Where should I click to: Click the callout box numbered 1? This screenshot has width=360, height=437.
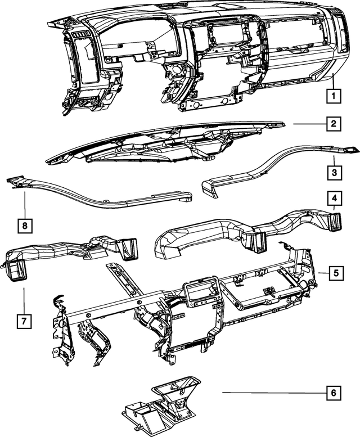pos(334,96)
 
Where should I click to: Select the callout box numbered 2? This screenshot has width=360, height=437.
pos(334,124)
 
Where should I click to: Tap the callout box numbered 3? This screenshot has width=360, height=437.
pos(334,173)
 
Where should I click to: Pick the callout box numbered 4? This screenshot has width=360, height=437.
pos(334,198)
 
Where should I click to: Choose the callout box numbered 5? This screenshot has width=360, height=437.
pos(336,273)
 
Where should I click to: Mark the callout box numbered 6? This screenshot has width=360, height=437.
pos(334,393)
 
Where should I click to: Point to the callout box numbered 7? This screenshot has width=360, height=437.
pos(24,321)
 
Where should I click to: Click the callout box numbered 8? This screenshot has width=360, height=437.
pos(25,226)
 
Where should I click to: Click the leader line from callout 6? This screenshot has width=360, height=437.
pos(274,393)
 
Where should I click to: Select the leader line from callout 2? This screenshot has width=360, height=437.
pos(310,124)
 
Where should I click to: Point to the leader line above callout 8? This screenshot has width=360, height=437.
pos(25,205)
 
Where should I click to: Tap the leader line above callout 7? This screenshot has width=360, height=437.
pos(24,301)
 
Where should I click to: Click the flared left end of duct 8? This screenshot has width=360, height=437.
pos(15,181)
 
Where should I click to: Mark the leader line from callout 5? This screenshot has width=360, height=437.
pos(324,273)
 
